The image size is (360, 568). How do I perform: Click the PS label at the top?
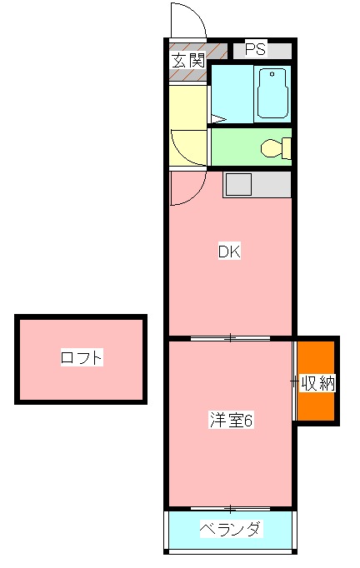tap(256, 49)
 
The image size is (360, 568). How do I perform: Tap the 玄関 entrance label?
tap(188, 60)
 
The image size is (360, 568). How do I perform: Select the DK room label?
tap(229, 252)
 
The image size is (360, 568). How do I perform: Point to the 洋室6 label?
tap(232, 421)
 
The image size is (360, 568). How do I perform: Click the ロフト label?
tap(82, 357)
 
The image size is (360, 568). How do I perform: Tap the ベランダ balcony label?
tap(231, 529)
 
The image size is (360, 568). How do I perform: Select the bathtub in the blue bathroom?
tap(272, 93)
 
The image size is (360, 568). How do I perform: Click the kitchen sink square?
tap(238, 185)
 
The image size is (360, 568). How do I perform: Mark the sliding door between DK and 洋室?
tap(231, 338)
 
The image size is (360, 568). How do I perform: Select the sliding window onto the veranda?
tap(231, 509)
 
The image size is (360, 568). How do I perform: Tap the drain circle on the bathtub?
tap(272, 74)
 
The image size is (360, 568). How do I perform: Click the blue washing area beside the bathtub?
tap(232, 94)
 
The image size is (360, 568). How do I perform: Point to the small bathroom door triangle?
tap(217, 118)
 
